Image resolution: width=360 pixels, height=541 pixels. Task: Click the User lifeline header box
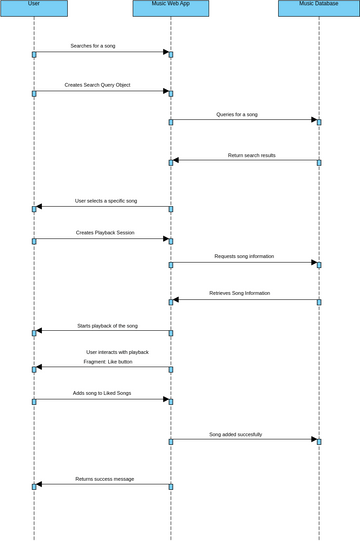click(x=34, y=8)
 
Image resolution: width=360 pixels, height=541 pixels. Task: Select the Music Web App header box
click(x=171, y=8)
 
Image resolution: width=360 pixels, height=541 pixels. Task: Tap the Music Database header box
click(x=318, y=8)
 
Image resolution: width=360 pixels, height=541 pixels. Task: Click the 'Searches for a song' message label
click(x=92, y=46)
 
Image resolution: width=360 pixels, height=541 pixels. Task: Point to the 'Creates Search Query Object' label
click(x=97, y=85)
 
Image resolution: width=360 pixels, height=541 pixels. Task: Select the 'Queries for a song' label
click(x=237, y=114)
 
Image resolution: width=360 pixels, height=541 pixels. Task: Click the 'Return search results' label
click(x=251, y=155)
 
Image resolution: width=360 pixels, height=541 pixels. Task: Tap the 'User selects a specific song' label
click(x=106, y=201)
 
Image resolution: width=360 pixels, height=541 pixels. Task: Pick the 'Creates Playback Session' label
click(x=105, y=233)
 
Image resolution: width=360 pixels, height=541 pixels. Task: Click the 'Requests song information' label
click(x=244, y=256)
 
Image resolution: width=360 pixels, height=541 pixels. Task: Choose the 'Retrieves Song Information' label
click(x=239, y=293)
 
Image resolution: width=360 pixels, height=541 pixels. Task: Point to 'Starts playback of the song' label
click(x=108, y=326)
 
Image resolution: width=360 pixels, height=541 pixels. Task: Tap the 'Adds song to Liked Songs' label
click(x=102, y=393)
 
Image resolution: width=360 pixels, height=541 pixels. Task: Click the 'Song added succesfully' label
click(x=236, y=434)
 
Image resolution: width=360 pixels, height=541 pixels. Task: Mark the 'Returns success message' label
click(x=104, y=479)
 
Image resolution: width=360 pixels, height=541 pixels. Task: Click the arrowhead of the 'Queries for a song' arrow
click(x=314, y=120)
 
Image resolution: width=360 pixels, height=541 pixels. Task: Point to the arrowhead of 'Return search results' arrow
click(x=176, y=160)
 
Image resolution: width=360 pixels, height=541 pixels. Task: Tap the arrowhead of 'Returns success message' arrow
click(x=39, y=485)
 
